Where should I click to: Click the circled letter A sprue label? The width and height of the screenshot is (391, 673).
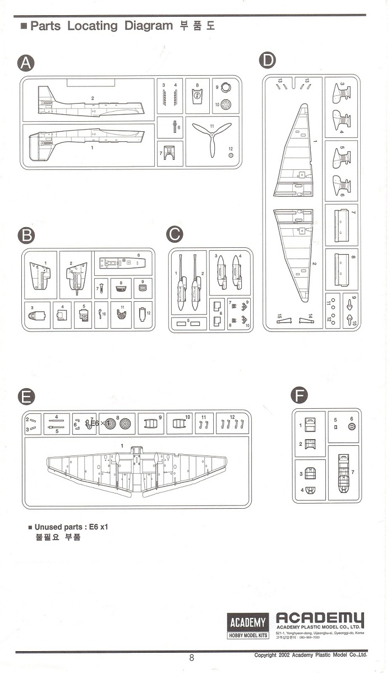pyautogui.click(x=26, y=63)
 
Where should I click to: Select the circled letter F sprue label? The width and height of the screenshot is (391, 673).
pyautogui.click(x=299, y=396)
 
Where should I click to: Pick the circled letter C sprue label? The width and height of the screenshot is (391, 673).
pyautogui.click(x=176, y=234)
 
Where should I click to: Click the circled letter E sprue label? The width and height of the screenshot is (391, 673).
pyautogui.click(x=26, y=396)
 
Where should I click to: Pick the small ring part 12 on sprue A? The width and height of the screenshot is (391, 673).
pyautogui.click(x=230, y=155)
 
